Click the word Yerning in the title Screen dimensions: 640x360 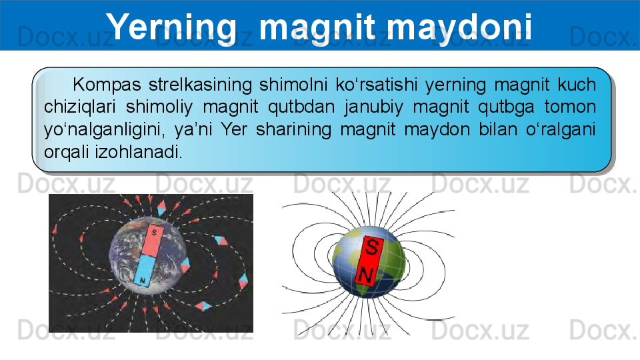pyautogui.click(x=171, y=28)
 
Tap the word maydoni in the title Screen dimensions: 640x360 pyautogui.click(x=459, y=27)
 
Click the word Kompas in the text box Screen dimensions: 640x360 pyautogui.click(x=107, y=85)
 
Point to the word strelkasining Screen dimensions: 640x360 pyautogui.click(x=200, y=85)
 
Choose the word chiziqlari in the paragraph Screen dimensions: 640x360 pyautogui.click(x=79, y=107)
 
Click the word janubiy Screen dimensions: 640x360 pyautogui.click(x=373, y=107)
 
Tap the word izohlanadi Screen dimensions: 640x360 pyautogui.click(x=139, y=152)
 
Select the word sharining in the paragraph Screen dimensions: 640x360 pyautogui.click(x=293, y=130)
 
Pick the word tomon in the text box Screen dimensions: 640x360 pyautogui.click(x=570, y=107)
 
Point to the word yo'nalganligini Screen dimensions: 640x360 pyautogui.click(x=105, y=130)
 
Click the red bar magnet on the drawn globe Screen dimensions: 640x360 pyautogui.click(x=369, y=261)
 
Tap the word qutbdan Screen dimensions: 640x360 pyautogui.click(x=301, y=107)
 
